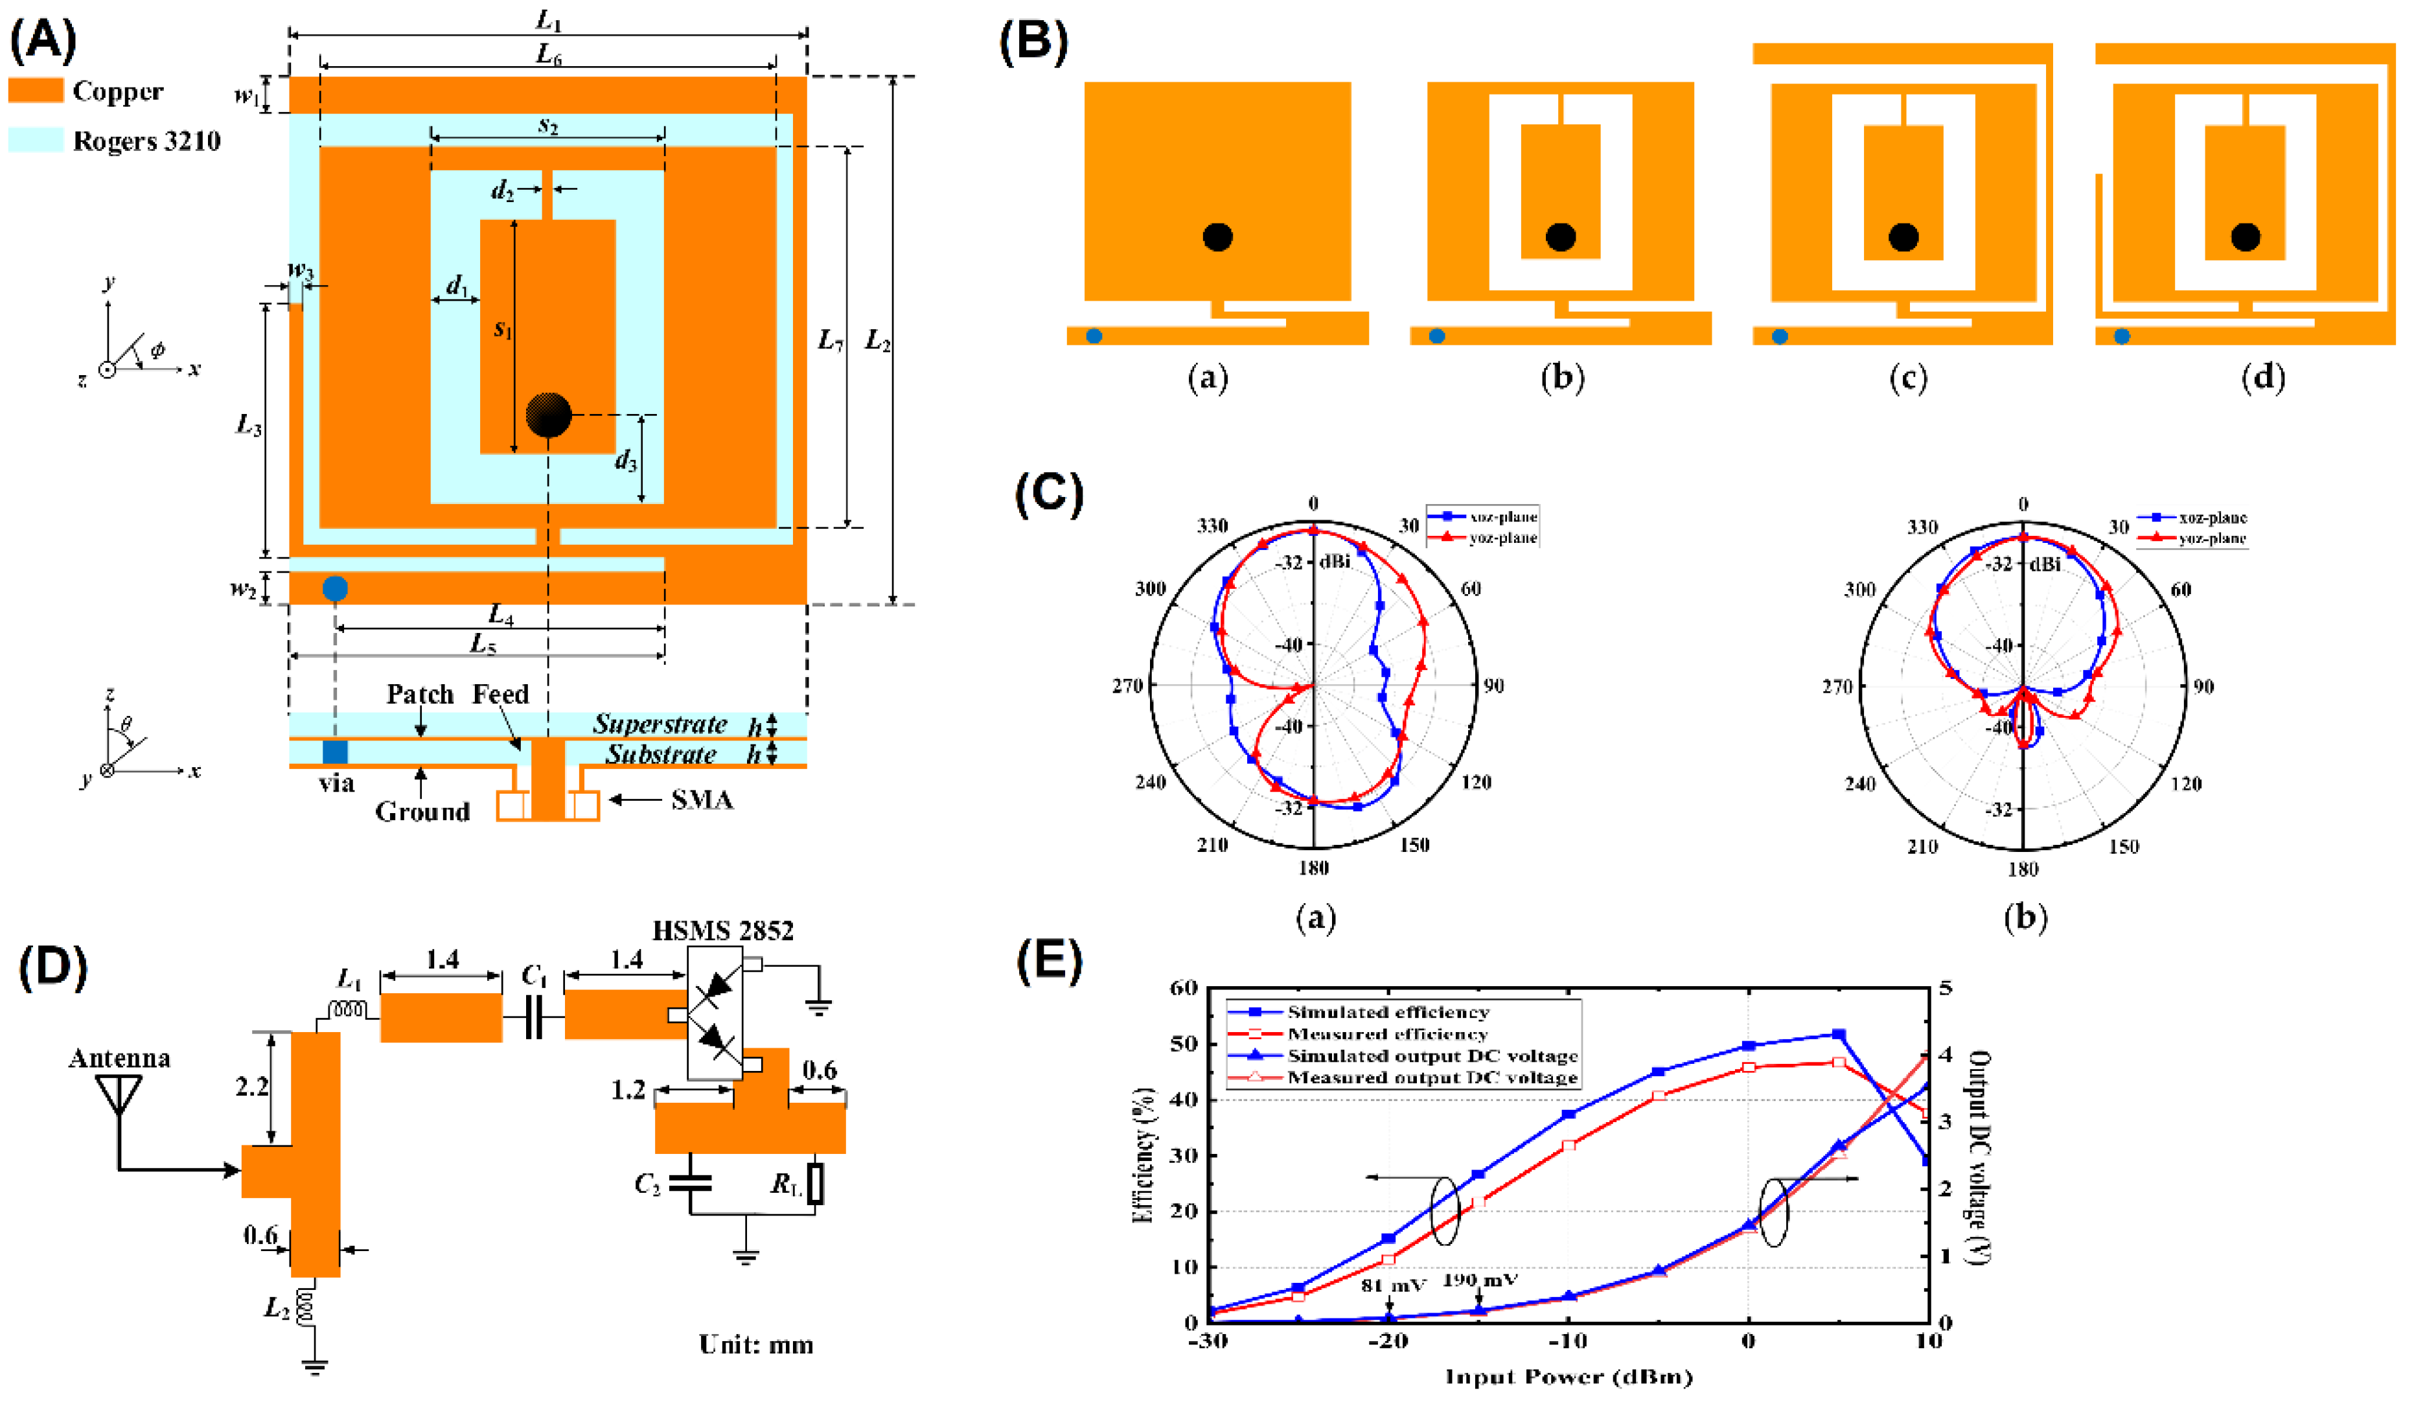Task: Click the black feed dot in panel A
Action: [548, 415]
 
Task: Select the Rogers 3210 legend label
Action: [146, 142]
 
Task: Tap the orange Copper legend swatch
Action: [36, 91]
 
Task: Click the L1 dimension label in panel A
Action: [548, 19]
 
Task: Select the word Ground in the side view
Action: [422, 812]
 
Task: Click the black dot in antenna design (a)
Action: [1217, 236]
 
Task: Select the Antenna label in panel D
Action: [120, 1058]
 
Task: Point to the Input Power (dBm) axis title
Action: [1568, 1377]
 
